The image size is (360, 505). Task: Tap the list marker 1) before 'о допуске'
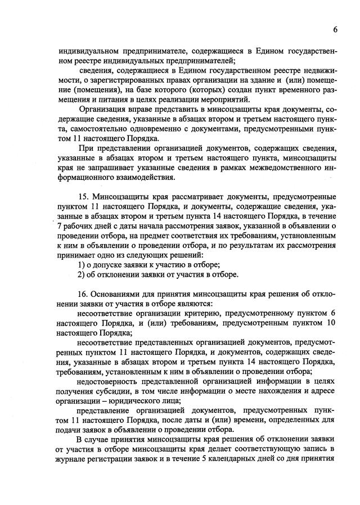coord(81,264)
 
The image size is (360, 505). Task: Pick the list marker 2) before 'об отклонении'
coord(81,274)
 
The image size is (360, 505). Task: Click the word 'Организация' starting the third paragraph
coord(102,109)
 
